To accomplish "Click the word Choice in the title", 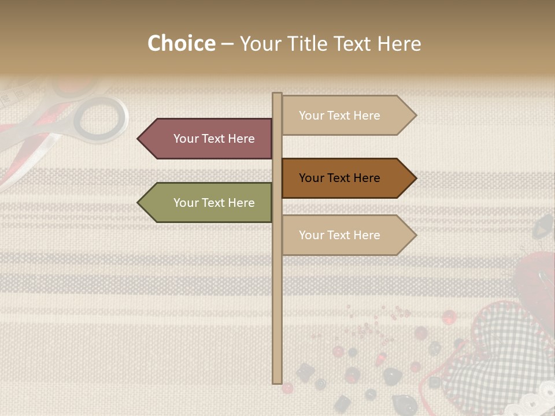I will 181,43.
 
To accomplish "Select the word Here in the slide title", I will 399,43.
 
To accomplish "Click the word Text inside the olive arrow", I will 213,203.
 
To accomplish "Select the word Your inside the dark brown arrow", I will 311,178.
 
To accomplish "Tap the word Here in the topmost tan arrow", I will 367,116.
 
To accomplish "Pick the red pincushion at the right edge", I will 535,272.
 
